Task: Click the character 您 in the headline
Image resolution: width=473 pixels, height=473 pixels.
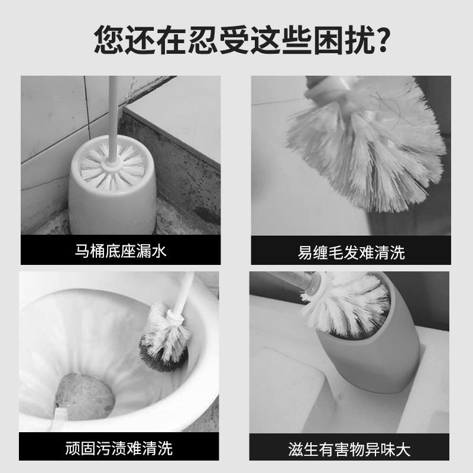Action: coord(109,39)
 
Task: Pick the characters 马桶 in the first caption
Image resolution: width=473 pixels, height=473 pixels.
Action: coord(89,251)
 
